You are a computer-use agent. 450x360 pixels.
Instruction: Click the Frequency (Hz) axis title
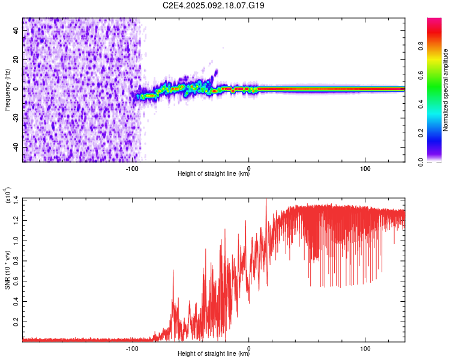[x=7, y=89]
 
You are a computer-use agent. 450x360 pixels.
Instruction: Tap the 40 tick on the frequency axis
[x=16, y=31]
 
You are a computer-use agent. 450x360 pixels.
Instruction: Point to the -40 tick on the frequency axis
[x=15, y=147]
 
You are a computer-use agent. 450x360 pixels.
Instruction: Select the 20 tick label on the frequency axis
[x=16, y=60]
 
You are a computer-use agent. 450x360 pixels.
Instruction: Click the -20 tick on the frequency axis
[x=15, y=118]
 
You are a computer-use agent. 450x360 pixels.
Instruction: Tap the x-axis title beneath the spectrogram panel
[x=214, y=174]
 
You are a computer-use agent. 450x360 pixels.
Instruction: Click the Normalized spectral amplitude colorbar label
[x=445, y=90]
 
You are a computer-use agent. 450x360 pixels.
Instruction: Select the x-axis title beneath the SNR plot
[x=214, y=354]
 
